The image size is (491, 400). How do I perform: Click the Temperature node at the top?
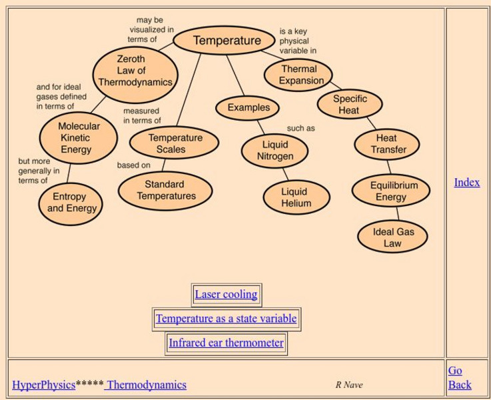227,41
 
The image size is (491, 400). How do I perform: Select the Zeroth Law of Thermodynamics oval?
135,71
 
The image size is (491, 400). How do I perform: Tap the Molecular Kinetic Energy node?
79,138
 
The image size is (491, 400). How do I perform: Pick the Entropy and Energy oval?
71,203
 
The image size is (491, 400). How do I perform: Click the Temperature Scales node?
175,143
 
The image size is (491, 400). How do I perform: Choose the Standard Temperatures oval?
165,191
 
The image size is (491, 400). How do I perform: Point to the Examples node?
248,107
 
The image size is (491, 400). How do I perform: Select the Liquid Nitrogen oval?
274,151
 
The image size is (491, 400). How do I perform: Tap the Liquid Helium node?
295,198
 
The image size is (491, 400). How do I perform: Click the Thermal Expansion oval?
298,75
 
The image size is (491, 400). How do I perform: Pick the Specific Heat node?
350,105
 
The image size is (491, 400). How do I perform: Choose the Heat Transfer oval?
387,144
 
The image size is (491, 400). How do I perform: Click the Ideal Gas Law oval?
392,237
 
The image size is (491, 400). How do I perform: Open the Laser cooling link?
226,295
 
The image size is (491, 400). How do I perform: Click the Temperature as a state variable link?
226,319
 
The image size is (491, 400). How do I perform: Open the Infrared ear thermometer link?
226,343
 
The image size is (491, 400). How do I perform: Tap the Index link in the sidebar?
466,182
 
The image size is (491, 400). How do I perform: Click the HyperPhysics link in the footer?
43,385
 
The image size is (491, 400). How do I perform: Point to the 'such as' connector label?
300,128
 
